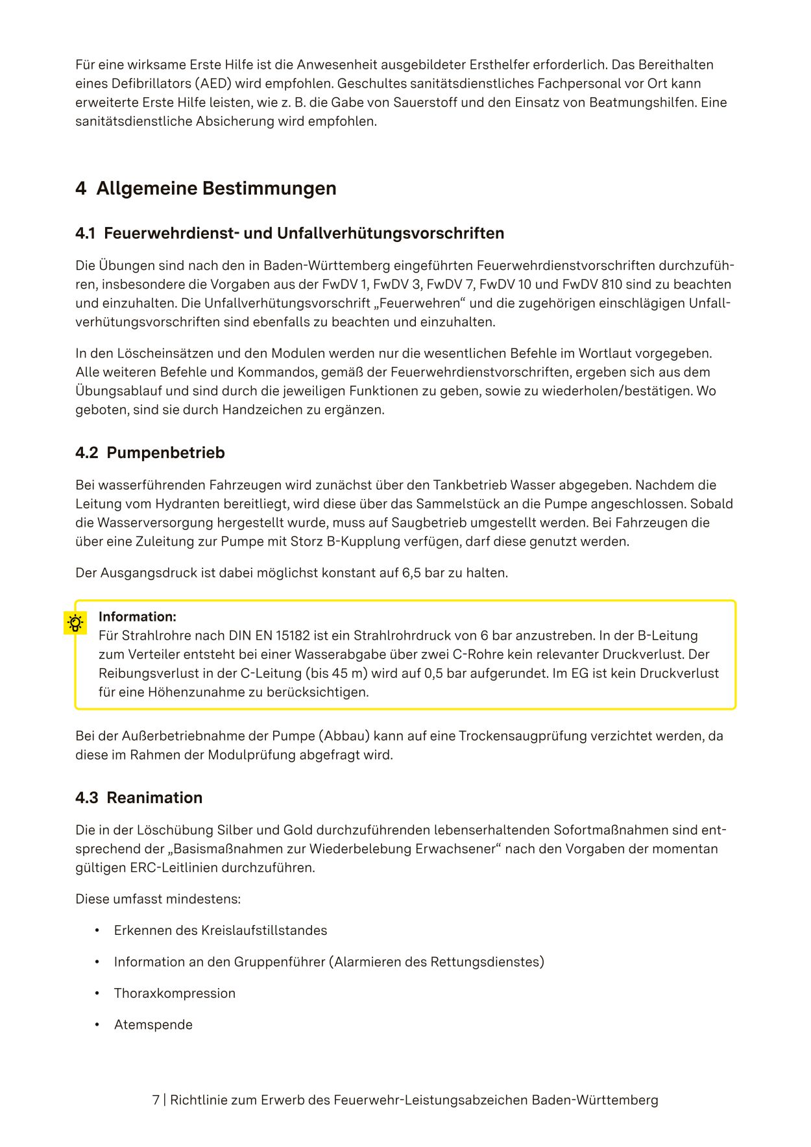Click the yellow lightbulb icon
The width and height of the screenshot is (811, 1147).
pos(75,623)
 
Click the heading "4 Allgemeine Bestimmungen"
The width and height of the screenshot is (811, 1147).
pos(206,188)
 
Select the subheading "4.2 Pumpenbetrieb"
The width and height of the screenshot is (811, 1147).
pos(150,452)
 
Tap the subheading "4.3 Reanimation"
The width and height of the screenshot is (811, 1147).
pos(139,797)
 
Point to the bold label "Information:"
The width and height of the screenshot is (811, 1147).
pos(138,616)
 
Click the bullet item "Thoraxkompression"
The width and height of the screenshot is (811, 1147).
pos(175,993)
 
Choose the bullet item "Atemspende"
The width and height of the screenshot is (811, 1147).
pos(153,1024)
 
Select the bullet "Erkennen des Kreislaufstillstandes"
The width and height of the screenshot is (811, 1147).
pos(221,930)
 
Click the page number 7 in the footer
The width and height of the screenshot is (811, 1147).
pos(156,1100)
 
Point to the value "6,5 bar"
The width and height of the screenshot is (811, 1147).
pos(424,573)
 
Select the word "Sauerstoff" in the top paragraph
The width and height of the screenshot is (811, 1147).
pos(424,103)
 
